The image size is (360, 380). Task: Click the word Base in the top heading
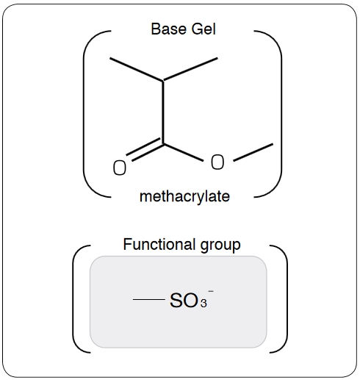point(168,29)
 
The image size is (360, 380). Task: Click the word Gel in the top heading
point(204,29)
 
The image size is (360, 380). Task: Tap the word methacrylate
point(184,196)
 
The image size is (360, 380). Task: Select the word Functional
point(159,244)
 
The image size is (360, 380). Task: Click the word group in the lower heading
point(220,245)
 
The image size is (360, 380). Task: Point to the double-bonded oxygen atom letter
point(120,168)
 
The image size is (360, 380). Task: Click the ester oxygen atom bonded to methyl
point(217,162)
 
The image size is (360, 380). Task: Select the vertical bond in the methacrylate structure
point(163,112)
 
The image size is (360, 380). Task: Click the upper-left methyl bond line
point(137,69)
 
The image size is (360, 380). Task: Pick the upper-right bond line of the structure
point(190,69)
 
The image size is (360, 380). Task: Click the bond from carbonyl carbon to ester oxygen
point(183,152)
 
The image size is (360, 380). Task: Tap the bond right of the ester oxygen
point(253,152)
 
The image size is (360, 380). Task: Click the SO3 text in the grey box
point(189,301)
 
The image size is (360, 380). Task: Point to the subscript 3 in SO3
point(204,304)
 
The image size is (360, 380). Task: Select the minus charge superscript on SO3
point(211,291)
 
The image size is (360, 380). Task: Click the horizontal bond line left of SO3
point(148,299)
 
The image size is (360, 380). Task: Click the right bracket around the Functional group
point(287,299)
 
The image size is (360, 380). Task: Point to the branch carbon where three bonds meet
point(163,80)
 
